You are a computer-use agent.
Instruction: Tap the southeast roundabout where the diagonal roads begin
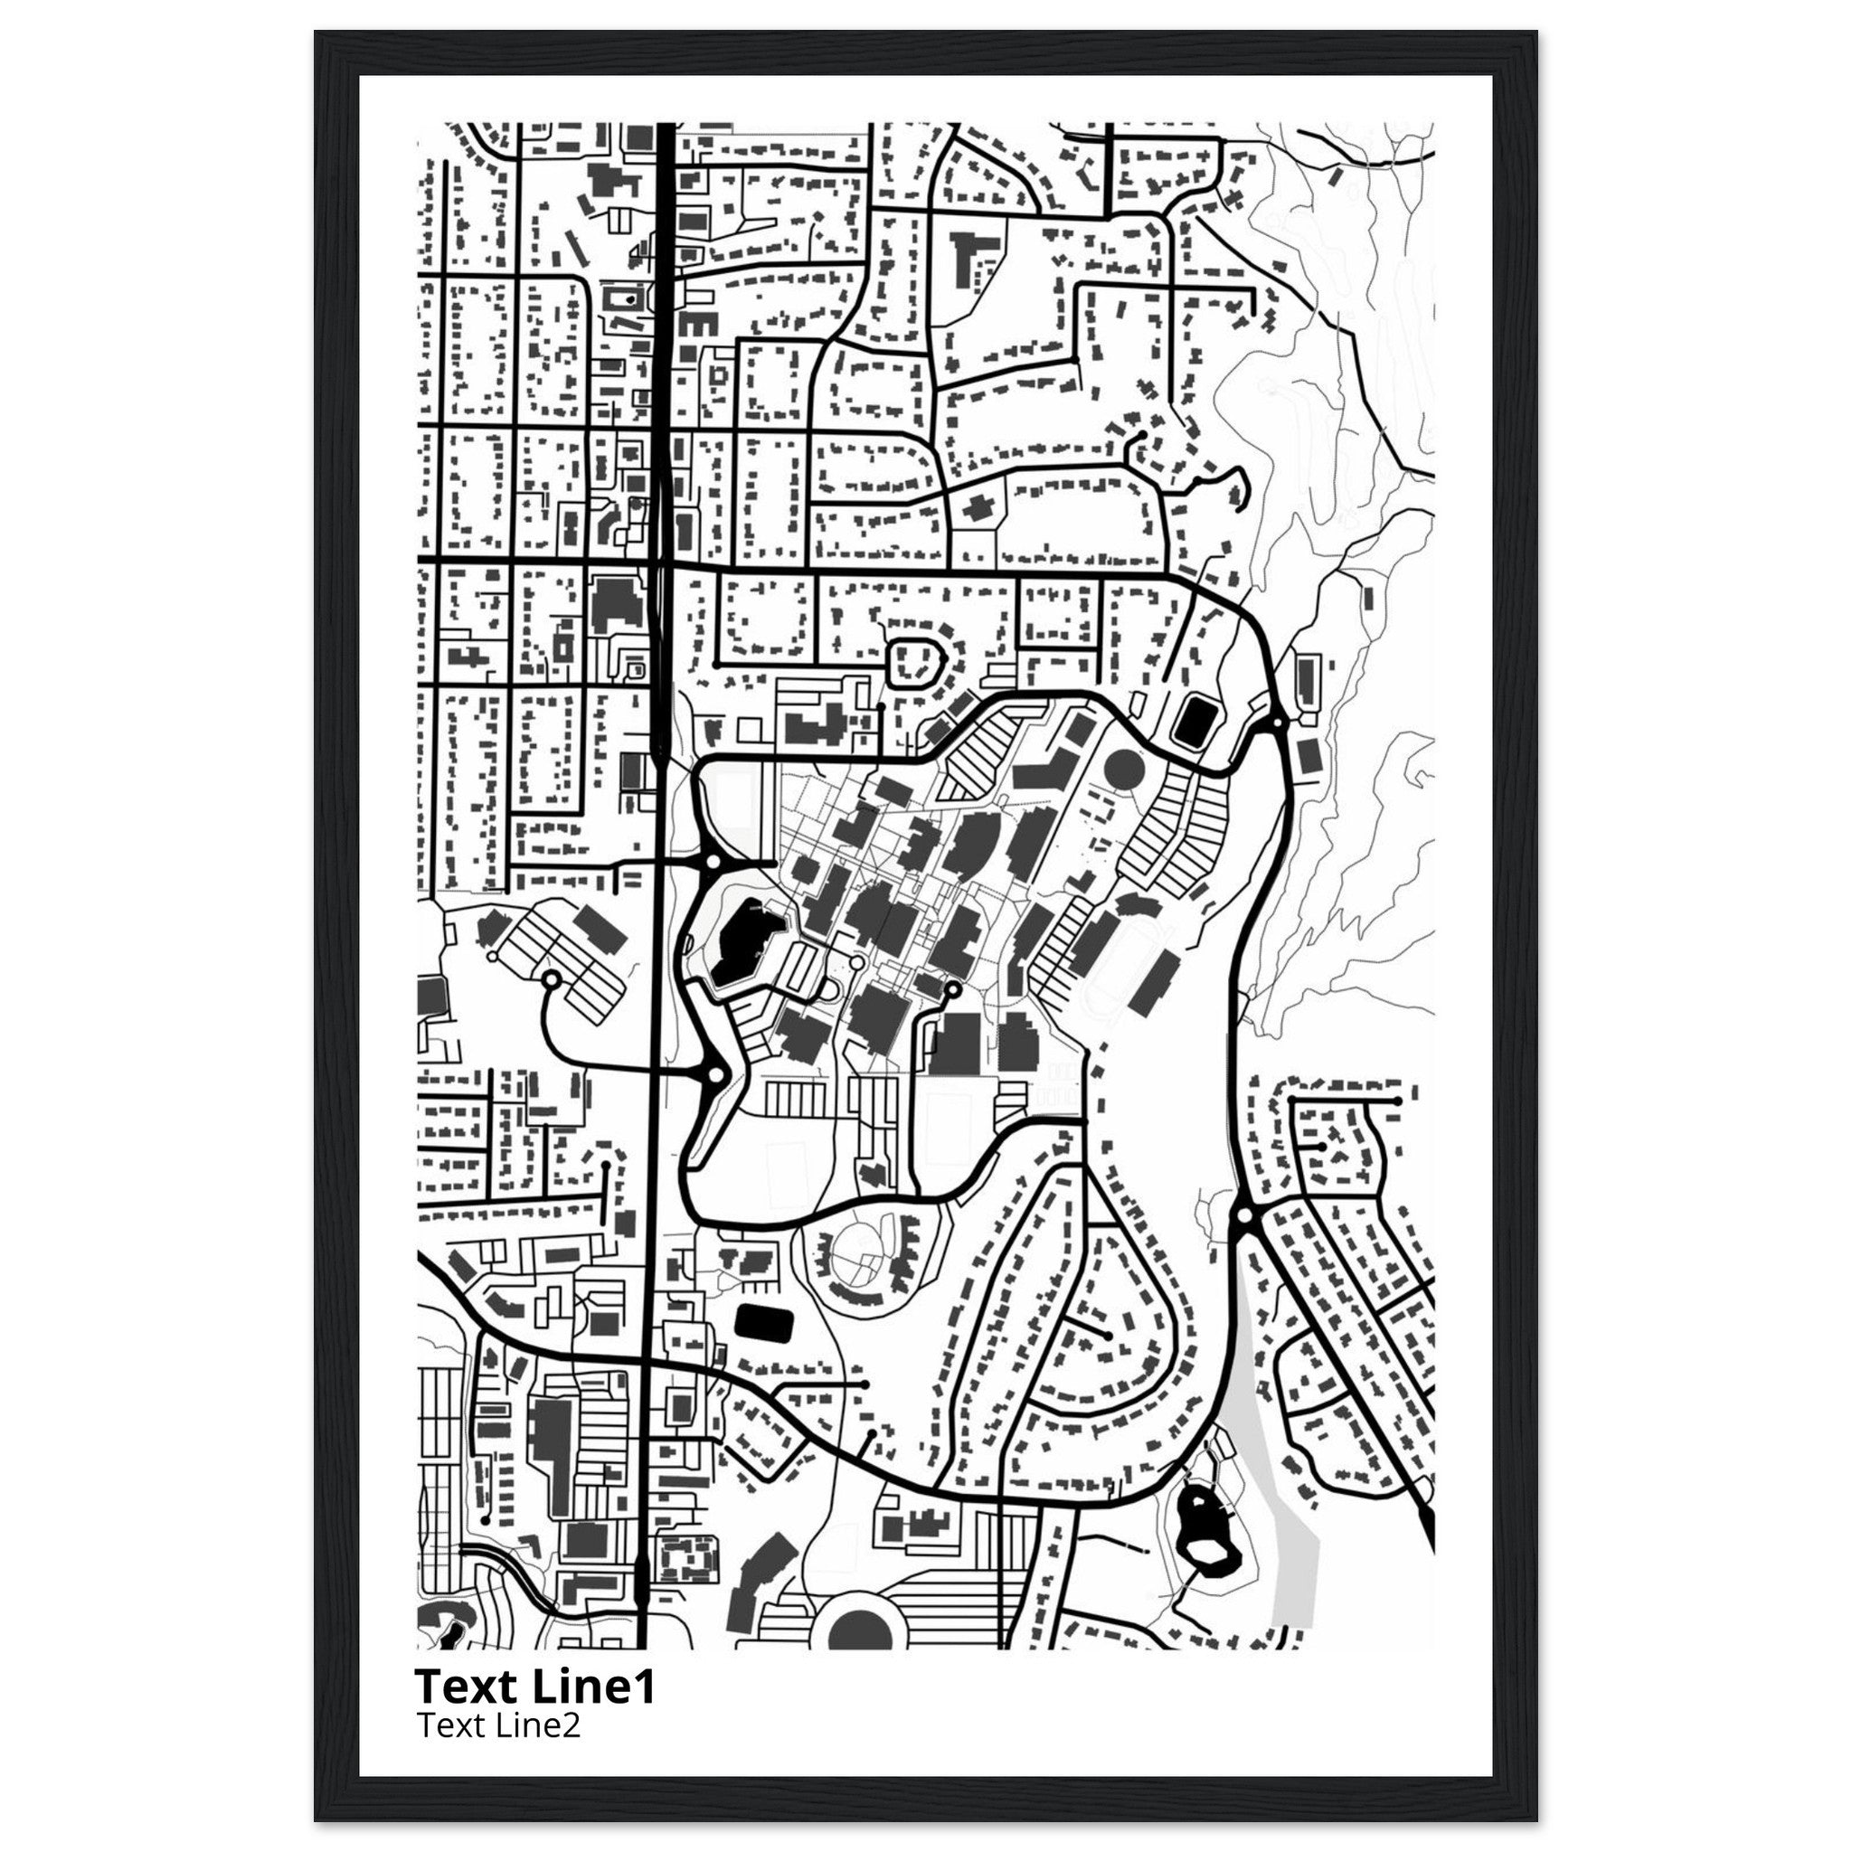tap(1244, 1214)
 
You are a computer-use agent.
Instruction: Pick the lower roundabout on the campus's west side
tap(714, 1075)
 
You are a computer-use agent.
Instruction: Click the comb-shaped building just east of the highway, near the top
tap(698, 323)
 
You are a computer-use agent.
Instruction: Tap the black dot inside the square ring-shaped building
tap(628, 299)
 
